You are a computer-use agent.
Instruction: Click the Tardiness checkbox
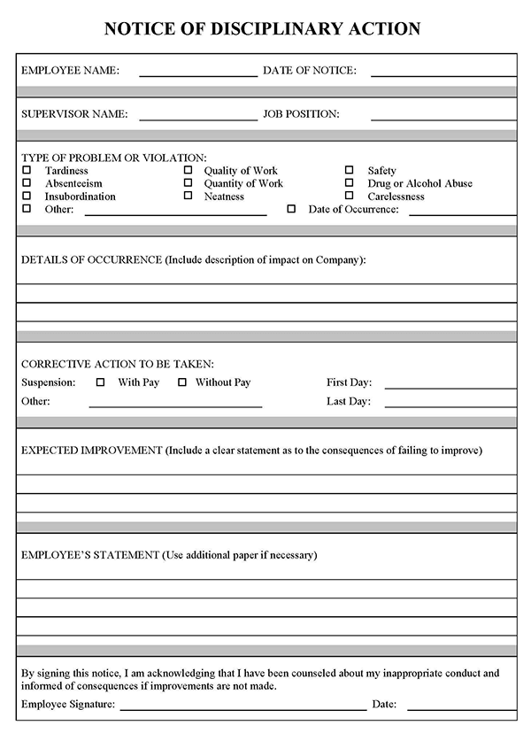point(27,170)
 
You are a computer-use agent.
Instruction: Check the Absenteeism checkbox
point(27,183)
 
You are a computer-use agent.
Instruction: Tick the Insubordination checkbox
point(27,196)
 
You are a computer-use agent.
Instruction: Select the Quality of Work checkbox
point(188,170)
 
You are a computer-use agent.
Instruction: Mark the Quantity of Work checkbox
point(188,183)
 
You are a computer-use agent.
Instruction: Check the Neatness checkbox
point(188,196)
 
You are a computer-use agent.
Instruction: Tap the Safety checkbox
point(349,170)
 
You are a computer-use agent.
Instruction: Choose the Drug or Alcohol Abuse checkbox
point(349,183)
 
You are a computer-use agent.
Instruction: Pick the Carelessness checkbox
point(349,196)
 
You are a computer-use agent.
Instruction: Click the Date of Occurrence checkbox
point(291,209)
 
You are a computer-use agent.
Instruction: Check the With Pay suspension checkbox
point(100,382)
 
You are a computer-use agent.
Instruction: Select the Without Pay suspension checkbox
point(182,382)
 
